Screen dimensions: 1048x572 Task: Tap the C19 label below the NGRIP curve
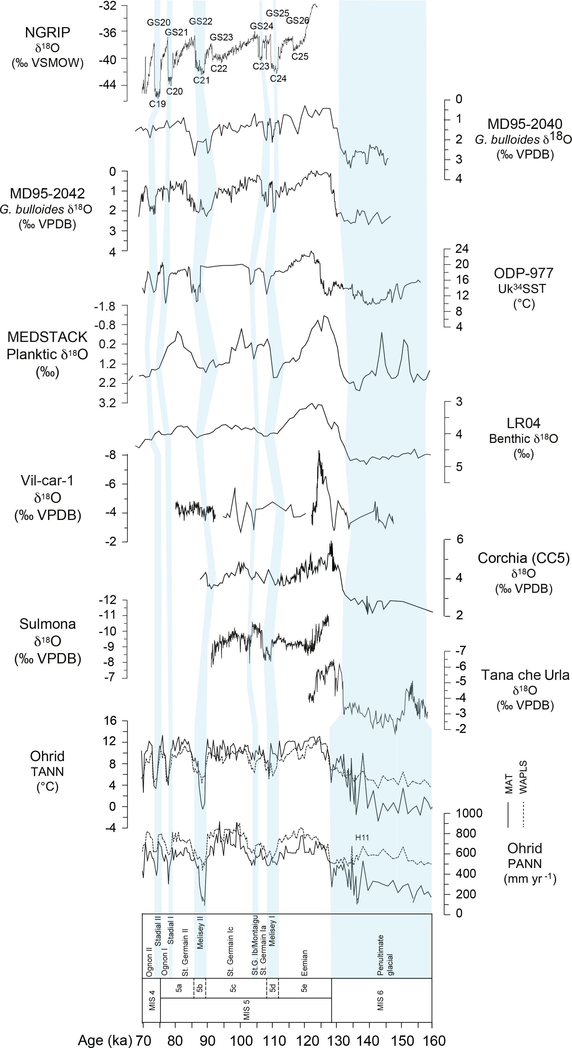[x=157, y=104]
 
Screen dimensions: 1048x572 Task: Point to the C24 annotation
[x=278, y=78]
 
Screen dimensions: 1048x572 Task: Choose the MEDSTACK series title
[x=48, y=337]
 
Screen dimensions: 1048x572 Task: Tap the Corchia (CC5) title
[x=524, y=558]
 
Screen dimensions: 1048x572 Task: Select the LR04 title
[x=524, y=423]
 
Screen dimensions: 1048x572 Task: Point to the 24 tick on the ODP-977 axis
[x=462, y=249]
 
